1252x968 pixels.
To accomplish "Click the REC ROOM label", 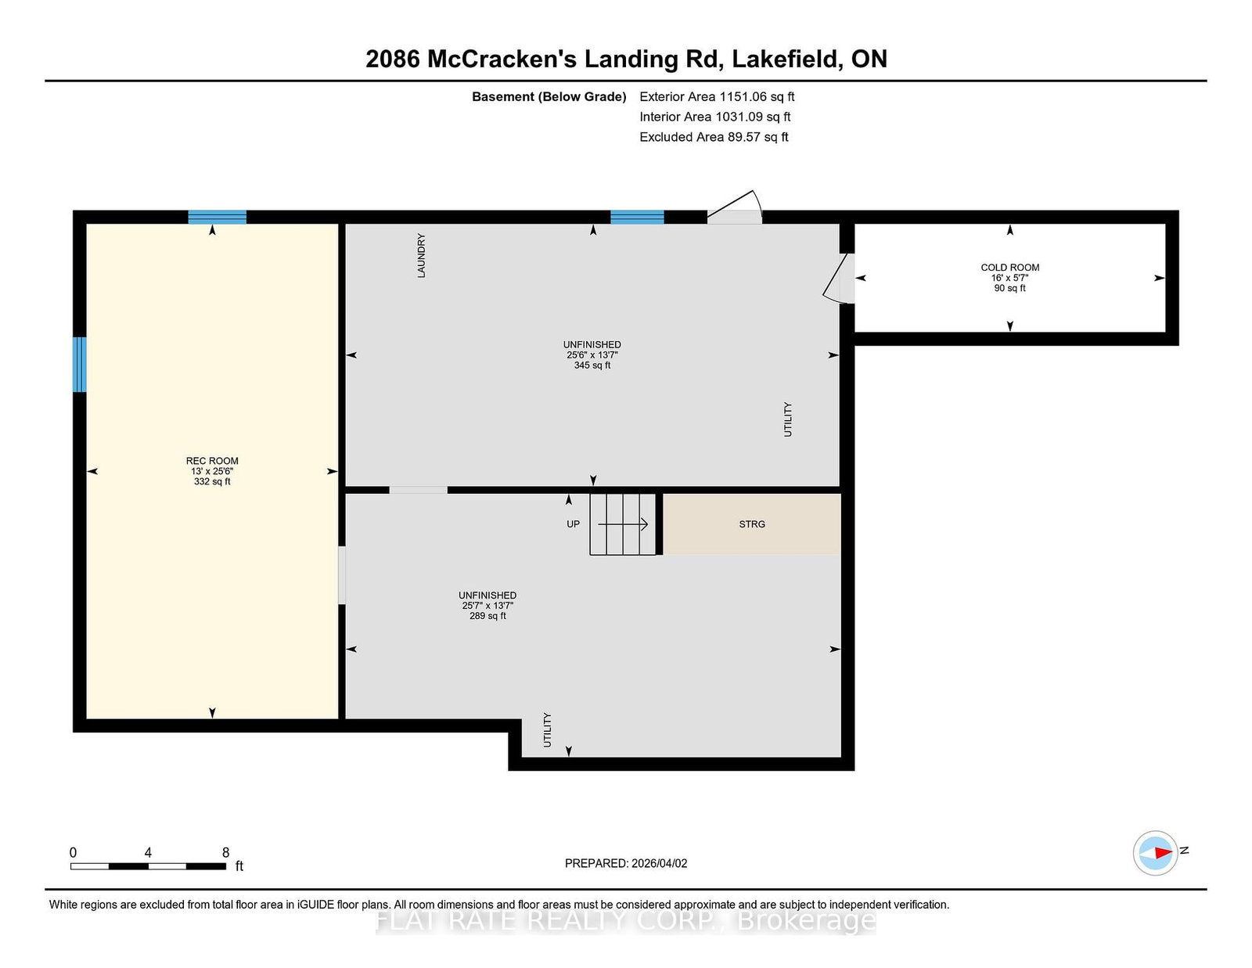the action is [212, 461].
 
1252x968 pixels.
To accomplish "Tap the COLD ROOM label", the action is [1009, 268].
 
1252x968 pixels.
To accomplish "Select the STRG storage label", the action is [752, 524].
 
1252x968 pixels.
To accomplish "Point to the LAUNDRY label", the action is [421, 255].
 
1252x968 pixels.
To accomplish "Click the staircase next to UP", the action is [622, 524].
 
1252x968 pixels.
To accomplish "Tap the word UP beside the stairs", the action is [573, 524].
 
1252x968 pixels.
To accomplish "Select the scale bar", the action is [148, 866].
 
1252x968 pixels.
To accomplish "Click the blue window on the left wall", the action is [80, 365].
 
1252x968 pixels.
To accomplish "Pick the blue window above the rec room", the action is [218, 218].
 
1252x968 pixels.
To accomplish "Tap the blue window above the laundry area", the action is [637, 218].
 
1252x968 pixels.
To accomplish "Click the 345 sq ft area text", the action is [592, 365].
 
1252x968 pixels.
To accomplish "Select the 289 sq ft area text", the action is [487, 616].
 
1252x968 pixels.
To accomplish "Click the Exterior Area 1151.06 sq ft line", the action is [717, 97].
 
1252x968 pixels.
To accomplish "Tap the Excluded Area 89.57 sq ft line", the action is [714, 137].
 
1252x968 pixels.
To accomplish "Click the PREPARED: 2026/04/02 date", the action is [626, 863].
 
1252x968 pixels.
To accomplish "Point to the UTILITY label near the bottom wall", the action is [547, 730].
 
